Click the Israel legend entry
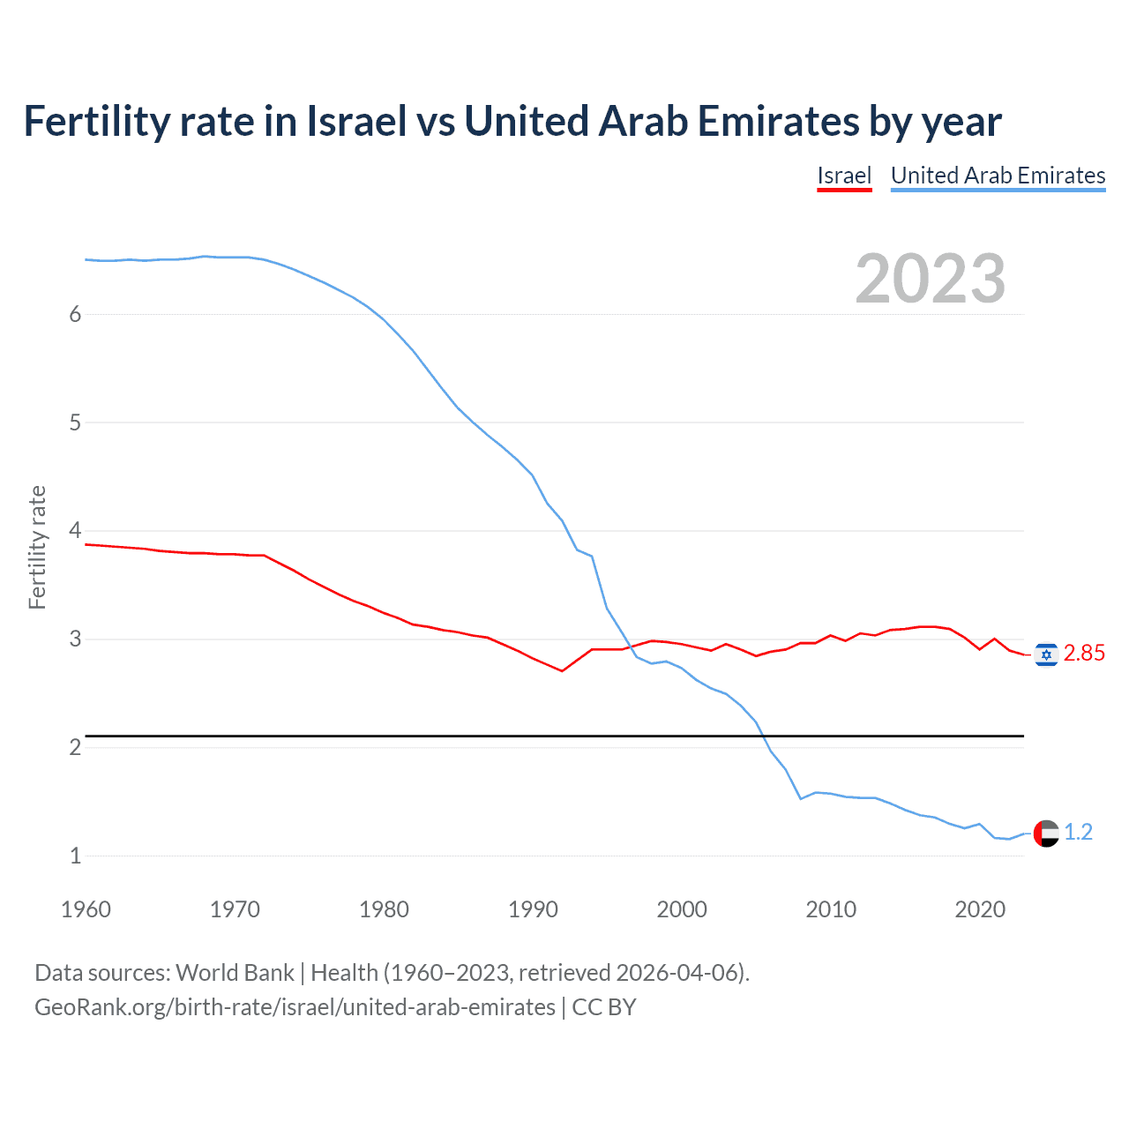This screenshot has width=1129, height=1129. [x=844, y=176]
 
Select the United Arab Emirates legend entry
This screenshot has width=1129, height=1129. [x=998, y=176]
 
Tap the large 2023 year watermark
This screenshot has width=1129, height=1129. [x=930, y=279]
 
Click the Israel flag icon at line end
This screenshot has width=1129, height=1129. [x=1046, y=654]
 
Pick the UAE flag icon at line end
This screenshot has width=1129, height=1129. [x=1046, y=833]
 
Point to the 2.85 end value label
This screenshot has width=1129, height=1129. [x=1084, y=654]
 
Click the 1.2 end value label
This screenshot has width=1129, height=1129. [x=1078, y=833]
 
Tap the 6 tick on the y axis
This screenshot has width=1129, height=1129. [x=75, y=314]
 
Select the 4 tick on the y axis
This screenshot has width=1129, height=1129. [x=75, y=531]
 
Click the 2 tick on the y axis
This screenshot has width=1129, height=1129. [x=75, y=747]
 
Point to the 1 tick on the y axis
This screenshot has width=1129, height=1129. [x=75, y=856]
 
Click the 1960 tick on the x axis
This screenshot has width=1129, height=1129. [x=86, y=909]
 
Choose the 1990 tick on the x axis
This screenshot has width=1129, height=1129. [x=533, y=909]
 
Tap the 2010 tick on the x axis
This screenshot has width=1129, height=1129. [x=831, y=909]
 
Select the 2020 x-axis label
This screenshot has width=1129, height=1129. [x=980, y=909]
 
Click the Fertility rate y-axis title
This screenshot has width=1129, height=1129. [x=37, y=547]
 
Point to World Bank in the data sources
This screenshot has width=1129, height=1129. [x=235, y=973]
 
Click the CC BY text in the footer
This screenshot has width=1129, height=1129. [x=604, y=1007]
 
